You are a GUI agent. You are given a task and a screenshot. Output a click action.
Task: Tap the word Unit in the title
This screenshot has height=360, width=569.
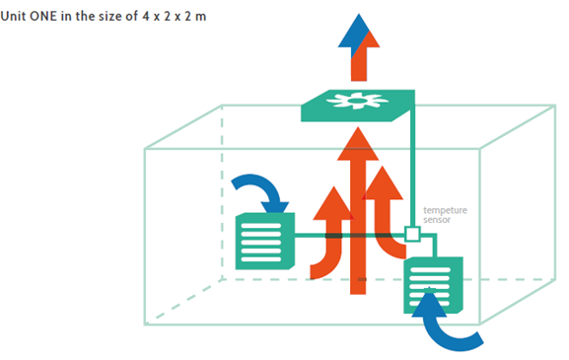(14, 17)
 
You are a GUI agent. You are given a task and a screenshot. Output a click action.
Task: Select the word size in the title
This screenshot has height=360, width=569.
(108, 17)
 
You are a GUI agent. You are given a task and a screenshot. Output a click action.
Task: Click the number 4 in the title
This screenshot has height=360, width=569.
(146, 17)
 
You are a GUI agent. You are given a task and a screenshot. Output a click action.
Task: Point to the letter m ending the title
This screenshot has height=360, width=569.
(200, 18)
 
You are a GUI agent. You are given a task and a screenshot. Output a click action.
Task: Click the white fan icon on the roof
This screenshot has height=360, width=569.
(357, 101)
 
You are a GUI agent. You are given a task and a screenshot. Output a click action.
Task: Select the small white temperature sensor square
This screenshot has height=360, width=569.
(412, 234)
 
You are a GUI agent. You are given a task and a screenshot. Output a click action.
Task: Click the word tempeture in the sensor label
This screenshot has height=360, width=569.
(445, 210)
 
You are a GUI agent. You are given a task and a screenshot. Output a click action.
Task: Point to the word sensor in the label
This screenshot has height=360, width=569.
(437, 220)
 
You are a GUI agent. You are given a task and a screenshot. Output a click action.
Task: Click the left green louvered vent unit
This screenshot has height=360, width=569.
(265, 242)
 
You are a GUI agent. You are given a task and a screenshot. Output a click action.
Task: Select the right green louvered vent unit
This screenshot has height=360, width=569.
(433, 285)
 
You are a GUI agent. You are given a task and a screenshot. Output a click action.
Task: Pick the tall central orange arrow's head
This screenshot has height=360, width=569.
(358, 144)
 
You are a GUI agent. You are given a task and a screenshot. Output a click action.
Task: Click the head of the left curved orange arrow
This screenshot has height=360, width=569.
(333, 203)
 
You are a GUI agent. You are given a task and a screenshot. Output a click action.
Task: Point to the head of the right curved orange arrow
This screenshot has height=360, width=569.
(383, 182)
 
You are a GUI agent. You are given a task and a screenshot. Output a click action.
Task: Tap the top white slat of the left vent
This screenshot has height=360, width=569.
(261, 226)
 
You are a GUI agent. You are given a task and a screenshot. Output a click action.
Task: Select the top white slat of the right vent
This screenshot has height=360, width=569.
(430, 270)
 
